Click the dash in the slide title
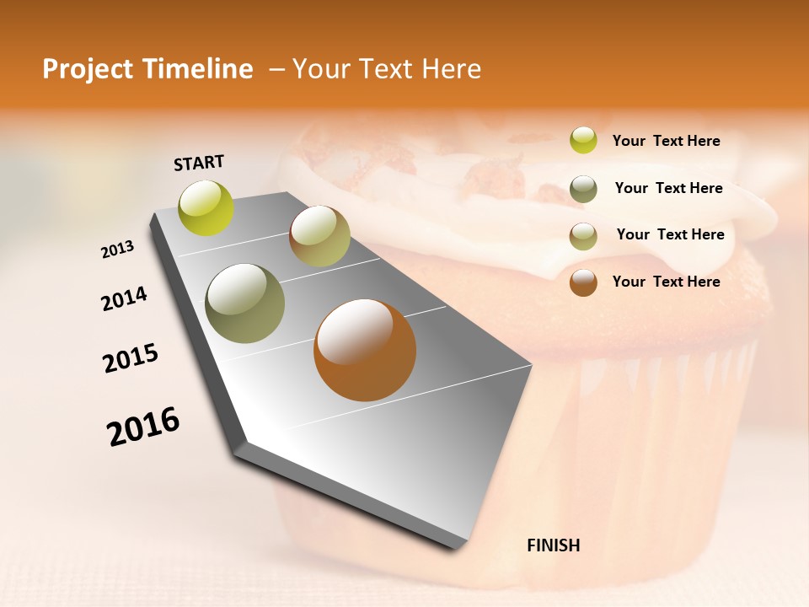tap(276, 69)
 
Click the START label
tap(199, 163)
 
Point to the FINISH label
tap(554, 545)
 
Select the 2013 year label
tap(117, 250)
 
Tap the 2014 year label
tap(124, 299)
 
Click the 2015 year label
tap(131, 358)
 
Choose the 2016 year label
tap(143, 426)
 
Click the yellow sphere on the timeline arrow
tap(206, 207)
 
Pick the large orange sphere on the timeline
tap(365, 350)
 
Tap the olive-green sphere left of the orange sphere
tap(245, 303)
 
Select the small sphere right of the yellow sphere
tap(319, 236)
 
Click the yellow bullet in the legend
tap(583, 140)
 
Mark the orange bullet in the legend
tap(583, 282)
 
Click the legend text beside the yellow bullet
tap(666, 141)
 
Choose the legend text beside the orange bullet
tap(666, 282)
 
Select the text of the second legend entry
tap(668, 188)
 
